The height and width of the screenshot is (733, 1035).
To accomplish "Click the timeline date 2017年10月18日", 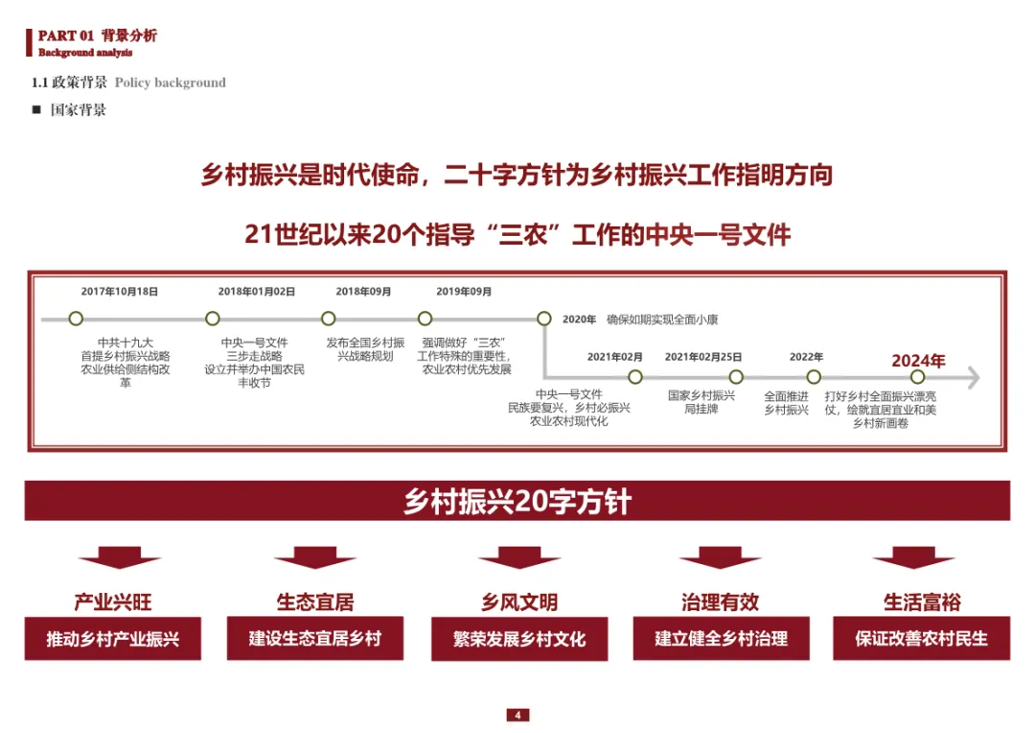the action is pyautogui.click(x=119, y=292).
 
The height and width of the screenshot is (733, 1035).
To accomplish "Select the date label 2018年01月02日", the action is pyautogui.click(x=256, y=292).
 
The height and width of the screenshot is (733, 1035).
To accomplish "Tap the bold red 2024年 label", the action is pyautogui.click(x=918, y=361).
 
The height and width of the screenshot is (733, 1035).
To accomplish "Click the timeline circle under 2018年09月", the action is pyautogui.click(x=329, y=319).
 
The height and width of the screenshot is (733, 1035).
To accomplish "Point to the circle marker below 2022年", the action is pyautogui.click(x=814, y=377).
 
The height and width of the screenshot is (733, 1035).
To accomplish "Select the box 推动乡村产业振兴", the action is pyautogui.click(x=113, y=639).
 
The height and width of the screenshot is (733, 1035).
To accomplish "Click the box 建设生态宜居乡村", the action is pyautogui.click(x=315, y=638).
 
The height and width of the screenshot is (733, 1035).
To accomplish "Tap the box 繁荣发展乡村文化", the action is pyautogui.click(x=519, y=639).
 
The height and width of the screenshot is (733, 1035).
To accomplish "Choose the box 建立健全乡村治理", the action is pyautogui.click(x=722, y=638).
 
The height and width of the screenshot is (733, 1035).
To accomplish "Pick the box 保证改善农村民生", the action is pyautogui.click(x=921, y=638).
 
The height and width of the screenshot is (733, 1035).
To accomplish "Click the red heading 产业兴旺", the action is pyautogui.click(x=113, y=603).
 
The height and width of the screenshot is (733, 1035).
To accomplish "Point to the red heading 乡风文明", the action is pyautogui.click(x=519, y=603).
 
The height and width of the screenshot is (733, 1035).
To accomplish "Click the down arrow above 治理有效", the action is pyautogui.click(x=721, y=557).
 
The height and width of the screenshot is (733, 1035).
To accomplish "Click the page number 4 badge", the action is pyautogui.click(x=517, y=715).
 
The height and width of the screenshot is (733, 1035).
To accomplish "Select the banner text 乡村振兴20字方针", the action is pyautogui.click(x=517, y=502).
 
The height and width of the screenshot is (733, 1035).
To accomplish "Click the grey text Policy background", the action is pyautogui.click(x=171, y=83).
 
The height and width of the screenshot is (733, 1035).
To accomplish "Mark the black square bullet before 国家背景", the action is pyautogui.click(x=36, y=109).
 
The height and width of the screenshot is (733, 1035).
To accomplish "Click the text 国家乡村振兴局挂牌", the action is pyautogui.click(x=701, y=402).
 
